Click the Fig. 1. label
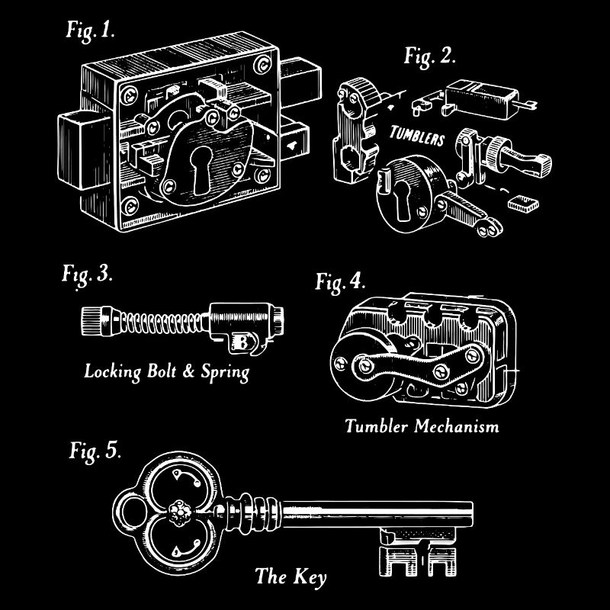point(91,33)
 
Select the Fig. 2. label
point(429,56)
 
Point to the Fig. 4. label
point(341,281)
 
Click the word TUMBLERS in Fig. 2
point(416,136)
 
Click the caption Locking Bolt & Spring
point(167,372)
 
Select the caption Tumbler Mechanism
point(422,425)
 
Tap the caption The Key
point(291,576)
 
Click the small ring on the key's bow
point(127,509)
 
